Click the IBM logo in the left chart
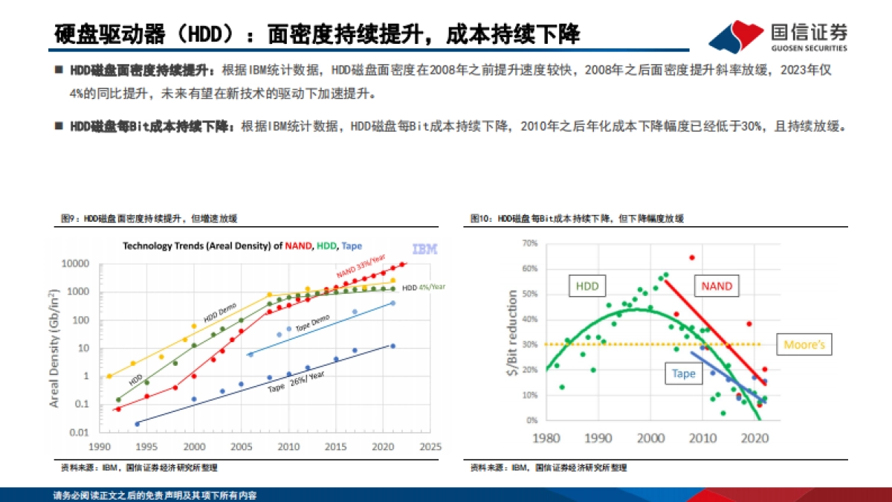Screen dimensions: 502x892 coord(424,248)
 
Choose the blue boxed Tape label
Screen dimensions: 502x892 coord(684,373)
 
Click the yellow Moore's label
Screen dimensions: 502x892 coord(804,345)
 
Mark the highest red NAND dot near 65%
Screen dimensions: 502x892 coord(691,257)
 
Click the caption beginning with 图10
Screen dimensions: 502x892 coord(576,219)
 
